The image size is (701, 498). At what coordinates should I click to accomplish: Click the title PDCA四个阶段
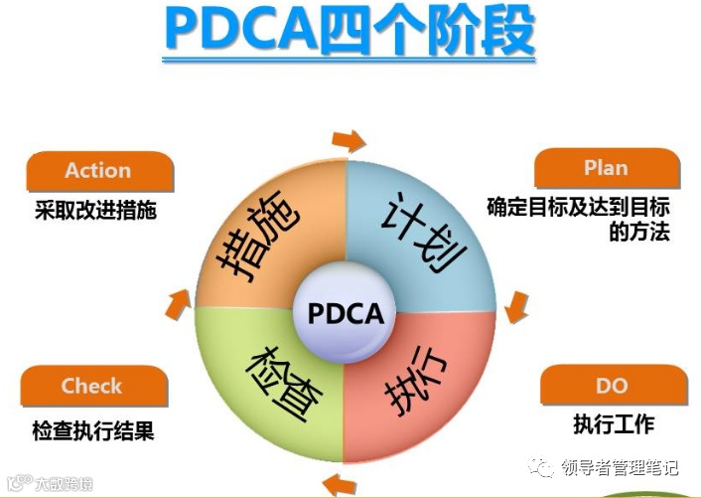(350, 33)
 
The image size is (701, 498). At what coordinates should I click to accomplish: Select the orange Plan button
(607, 168)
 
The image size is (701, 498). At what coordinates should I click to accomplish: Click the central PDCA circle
(346, 314)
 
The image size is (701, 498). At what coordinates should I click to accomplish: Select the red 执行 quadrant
(422, 388)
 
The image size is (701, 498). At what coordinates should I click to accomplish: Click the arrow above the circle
(349, 138)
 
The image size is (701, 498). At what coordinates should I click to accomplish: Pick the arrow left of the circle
(177, 303)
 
